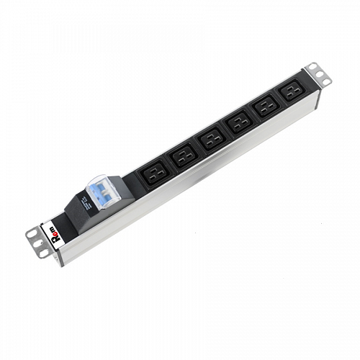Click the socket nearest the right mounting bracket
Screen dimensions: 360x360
[292, 94]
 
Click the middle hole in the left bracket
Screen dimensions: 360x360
[37, 243]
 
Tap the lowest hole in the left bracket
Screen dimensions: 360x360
[43, 253]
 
